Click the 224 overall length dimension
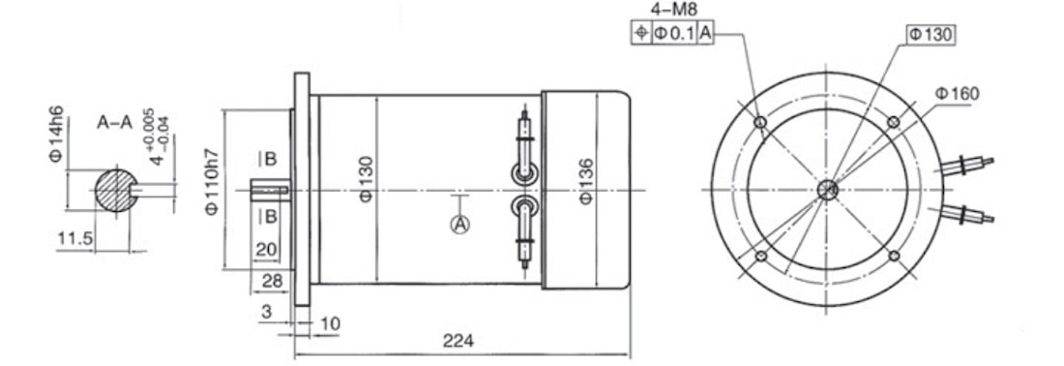[x=458, y=340]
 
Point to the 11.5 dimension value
[x=74, y=238]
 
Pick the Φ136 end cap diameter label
[x=587, y=181]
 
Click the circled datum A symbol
[x=460, y=224]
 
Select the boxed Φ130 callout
[x=931, y=35]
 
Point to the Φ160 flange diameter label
[x=957, y=94]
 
